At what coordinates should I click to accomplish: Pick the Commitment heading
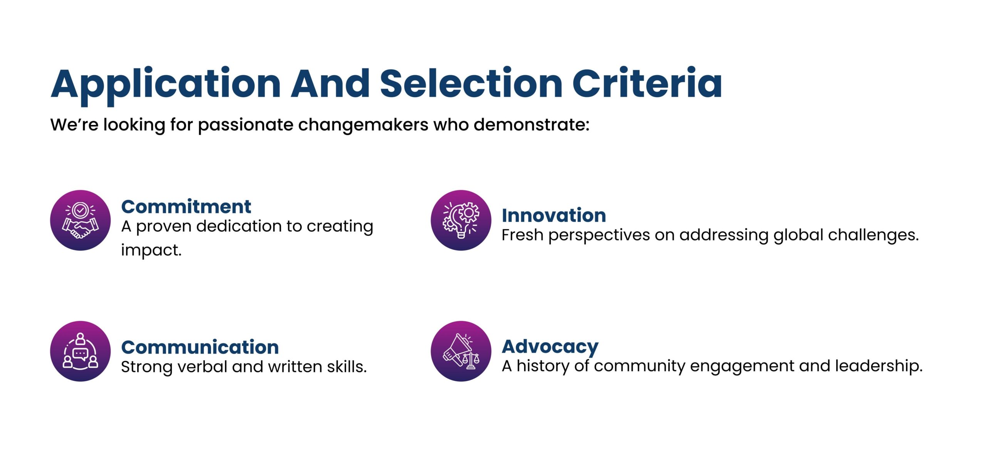[x=186, y=207]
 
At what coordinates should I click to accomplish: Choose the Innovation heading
[x=554, y=215]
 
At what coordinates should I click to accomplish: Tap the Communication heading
[x=200, y=347]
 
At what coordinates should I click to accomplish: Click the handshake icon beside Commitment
[x=80, y=220]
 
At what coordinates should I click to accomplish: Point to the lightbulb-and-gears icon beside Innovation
[x=461, y=220]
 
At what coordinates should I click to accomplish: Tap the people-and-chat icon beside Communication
[x=80, y=351]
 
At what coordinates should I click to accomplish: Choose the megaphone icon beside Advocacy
[x=461, y=351]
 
